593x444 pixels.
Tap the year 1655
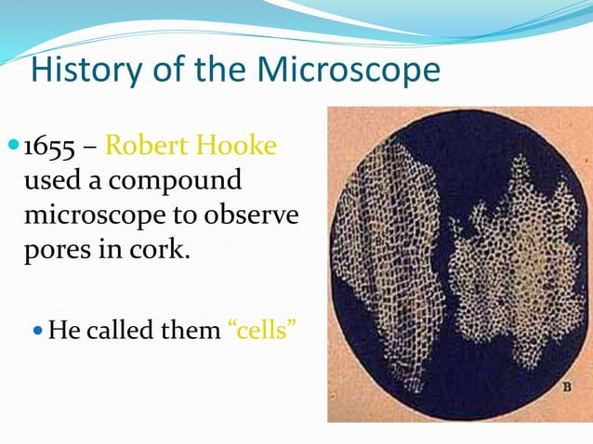point(50,147)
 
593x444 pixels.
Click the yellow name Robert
point(150,147)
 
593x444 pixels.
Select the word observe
point(253,215)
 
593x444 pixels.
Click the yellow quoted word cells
point(262,331)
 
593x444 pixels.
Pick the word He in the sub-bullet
point(63,331)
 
